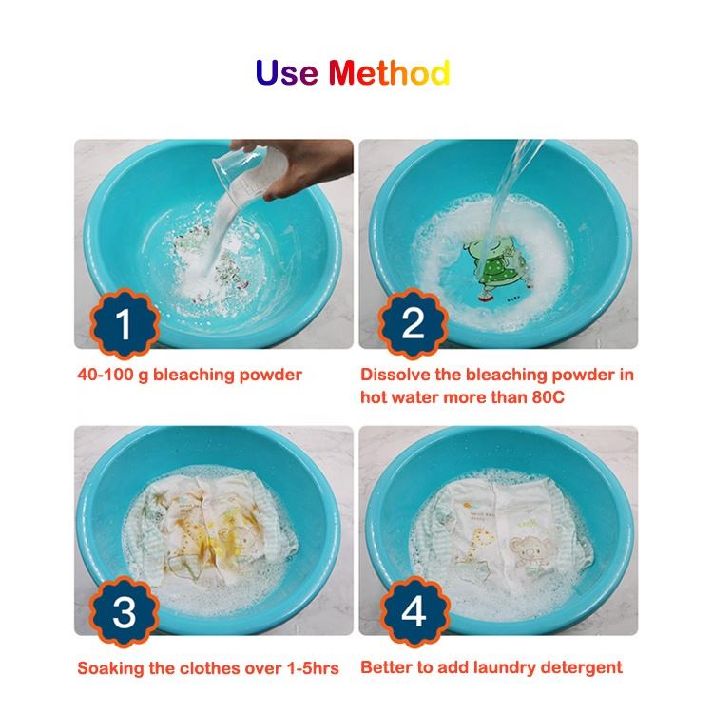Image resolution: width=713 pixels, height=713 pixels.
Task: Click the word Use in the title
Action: pyautogui.click(x=286, y=73)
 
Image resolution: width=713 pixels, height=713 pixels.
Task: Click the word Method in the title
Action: pyautogui.click(x=389, y=73)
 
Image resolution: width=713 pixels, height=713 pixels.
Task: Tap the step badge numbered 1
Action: pyautogui.click(x=124, y=323)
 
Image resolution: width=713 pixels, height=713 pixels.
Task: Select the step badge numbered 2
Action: pyautogui.click(x=413, y=323)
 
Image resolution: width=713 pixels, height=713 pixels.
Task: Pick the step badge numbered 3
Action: pyautogui.click(x=124, y=612)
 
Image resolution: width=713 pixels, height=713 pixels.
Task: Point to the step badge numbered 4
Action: pyautogui.click(x=414, y=612)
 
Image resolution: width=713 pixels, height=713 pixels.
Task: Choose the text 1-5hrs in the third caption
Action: pyautogui.click(x=313, y=668)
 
